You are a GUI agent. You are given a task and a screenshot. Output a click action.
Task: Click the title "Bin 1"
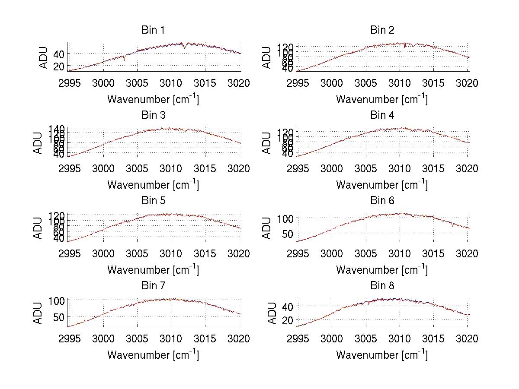[153, 30]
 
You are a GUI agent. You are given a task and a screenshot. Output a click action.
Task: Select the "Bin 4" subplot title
[382, 115]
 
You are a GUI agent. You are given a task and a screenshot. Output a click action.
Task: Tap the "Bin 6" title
[382, 201]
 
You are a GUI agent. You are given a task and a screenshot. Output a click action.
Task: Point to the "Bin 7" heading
[153, 286]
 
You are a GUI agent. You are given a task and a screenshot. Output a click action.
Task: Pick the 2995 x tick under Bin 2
[298, 83]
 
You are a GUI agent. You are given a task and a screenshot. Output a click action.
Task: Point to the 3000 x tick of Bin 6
[332, 253]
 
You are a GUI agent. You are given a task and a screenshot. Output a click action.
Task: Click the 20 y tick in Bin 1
[58, 66]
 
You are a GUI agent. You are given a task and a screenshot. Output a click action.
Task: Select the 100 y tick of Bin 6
[285, 218]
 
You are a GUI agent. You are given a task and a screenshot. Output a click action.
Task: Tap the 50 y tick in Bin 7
[58, 317]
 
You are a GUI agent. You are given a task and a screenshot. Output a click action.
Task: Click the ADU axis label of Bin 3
[38, 143]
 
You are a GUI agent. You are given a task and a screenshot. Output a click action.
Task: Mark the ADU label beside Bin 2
[267, 57]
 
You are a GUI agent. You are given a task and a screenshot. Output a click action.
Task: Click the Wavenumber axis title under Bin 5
[153, 270]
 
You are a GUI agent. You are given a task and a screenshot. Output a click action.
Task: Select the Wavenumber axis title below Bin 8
[382, 355]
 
